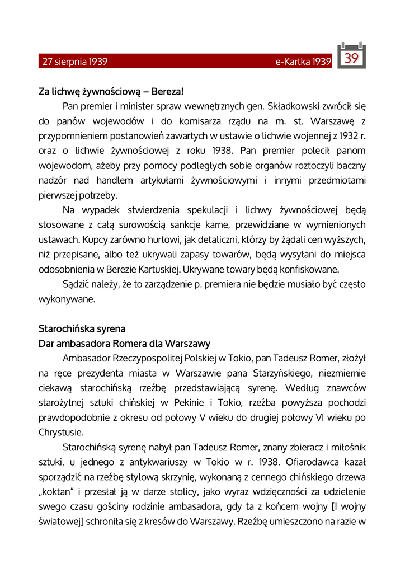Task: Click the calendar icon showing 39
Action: [351, 57]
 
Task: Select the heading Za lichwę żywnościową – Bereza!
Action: [111, 91]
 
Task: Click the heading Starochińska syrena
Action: [82, 328]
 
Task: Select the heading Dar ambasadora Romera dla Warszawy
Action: [124, 344]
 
